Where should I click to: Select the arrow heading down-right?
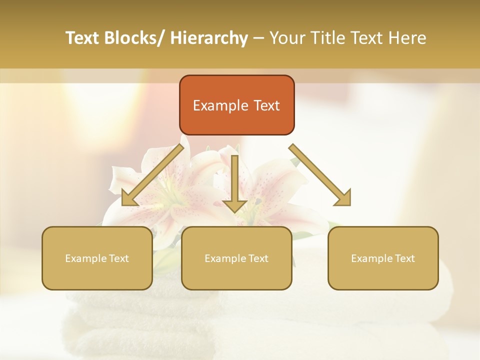point(320,175)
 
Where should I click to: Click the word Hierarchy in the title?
point(209,38)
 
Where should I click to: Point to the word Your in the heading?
point(286,38)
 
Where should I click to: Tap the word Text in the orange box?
point(266,106)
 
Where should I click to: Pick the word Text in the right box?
point(404,258)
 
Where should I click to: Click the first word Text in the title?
point(83,38)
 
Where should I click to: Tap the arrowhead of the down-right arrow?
point(343,197)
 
